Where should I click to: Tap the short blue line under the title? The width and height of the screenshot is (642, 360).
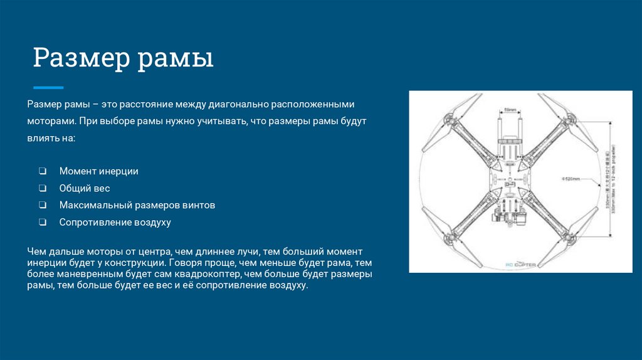(48, 87)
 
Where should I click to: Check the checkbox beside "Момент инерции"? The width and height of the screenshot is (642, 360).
(42, 171)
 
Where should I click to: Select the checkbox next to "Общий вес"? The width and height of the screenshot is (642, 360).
(42, 188)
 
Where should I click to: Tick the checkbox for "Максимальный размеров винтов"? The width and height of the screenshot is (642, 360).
(42, 205)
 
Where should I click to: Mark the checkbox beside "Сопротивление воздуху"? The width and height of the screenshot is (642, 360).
(42, 222)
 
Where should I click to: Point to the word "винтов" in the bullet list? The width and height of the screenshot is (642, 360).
(200, 205)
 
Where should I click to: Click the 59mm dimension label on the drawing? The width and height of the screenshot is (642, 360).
(510, 110)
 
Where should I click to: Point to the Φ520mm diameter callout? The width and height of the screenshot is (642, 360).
(570, 179)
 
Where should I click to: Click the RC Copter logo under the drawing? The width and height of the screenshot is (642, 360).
(520, 265)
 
